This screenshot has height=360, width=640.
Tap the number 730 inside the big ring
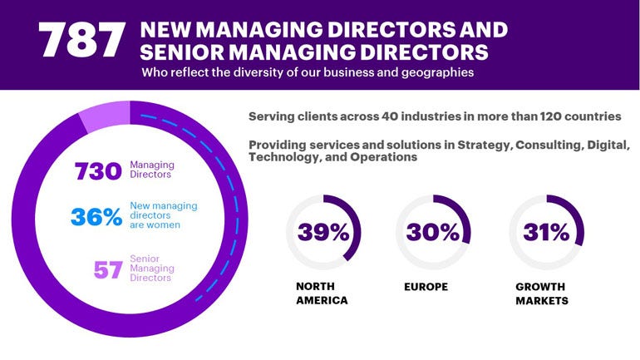pos(98,171)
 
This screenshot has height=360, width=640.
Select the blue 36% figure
pos(96,216)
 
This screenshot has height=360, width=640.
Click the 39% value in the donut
pos(323,232)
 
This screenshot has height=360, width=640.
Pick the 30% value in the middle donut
pos(433,232)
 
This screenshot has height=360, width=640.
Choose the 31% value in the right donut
pos(546,232)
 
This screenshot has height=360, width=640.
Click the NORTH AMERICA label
pos(322,293)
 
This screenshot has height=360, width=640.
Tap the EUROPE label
pos(426,287)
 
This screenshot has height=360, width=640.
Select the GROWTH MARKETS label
pos(542,293)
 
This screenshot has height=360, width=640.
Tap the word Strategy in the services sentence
pos(480,145)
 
